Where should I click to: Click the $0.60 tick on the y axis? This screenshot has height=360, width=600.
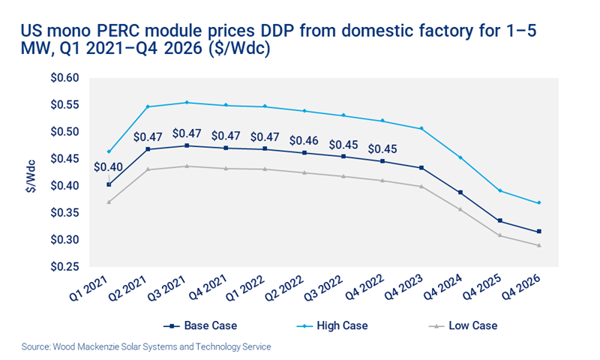point(66,78)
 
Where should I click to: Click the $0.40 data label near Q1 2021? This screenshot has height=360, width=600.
point(106,166)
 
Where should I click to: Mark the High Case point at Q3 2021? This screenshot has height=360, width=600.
point(187,103)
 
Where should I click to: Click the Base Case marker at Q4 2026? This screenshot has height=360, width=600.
point(538,232)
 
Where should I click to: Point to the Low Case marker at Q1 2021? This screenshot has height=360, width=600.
point(109,202)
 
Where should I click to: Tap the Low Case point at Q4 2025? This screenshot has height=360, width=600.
point(499,235)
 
